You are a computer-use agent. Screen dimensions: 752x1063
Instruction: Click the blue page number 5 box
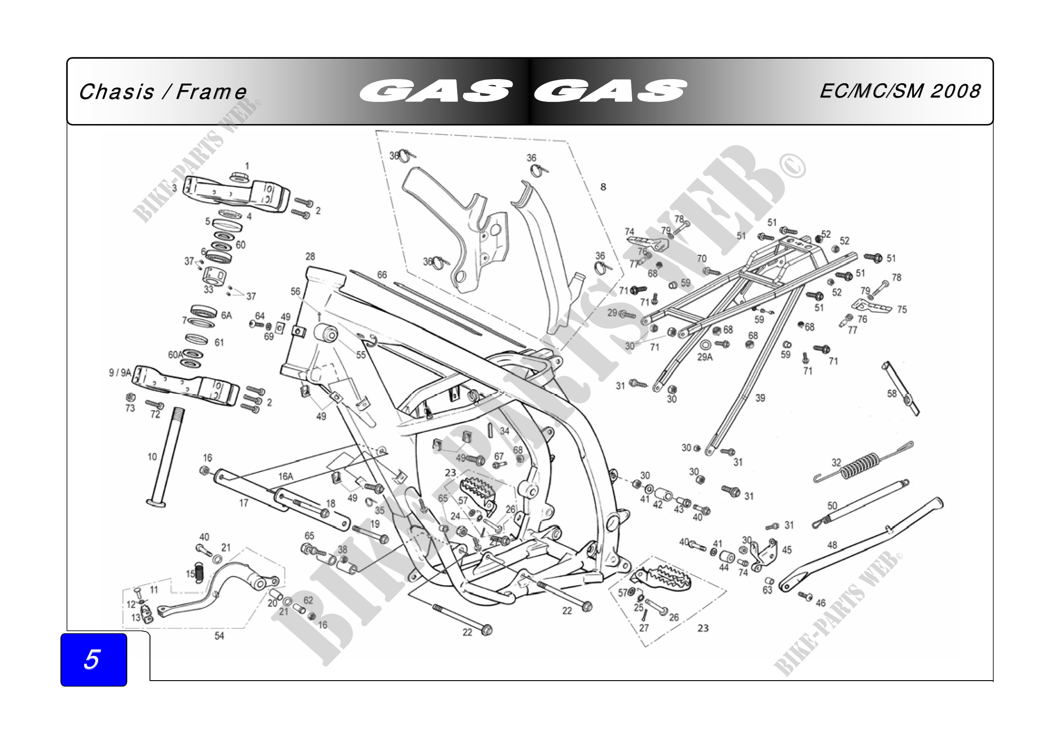coord(94,659)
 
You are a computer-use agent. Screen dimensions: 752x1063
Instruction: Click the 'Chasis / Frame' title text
coord(163,92)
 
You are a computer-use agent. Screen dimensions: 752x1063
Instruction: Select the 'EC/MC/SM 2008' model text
coord(899,91)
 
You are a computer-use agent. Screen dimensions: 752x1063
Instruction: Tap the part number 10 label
coord(152,457)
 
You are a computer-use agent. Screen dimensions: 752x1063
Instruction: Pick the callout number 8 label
coord(603,187)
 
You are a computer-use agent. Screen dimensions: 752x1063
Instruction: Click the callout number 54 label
coord(219,636)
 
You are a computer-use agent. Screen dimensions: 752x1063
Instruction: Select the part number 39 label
coord(760,398)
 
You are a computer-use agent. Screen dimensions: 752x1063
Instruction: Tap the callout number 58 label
coord(892,394)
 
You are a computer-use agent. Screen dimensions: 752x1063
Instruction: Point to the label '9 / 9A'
coord(120,373)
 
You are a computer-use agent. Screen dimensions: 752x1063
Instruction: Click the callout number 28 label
coord(310,256)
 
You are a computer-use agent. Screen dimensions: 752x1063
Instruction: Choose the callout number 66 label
coord(381,275)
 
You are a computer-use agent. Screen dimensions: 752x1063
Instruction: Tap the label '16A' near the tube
coord(286,476)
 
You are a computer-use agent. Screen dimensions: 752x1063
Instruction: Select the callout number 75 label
coord(902,309)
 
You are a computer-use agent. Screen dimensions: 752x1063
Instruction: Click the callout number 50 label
coord(832,506)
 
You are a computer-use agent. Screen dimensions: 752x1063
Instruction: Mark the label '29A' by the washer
coord(705,357)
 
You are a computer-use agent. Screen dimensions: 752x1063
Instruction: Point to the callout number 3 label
coord(175,188)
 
